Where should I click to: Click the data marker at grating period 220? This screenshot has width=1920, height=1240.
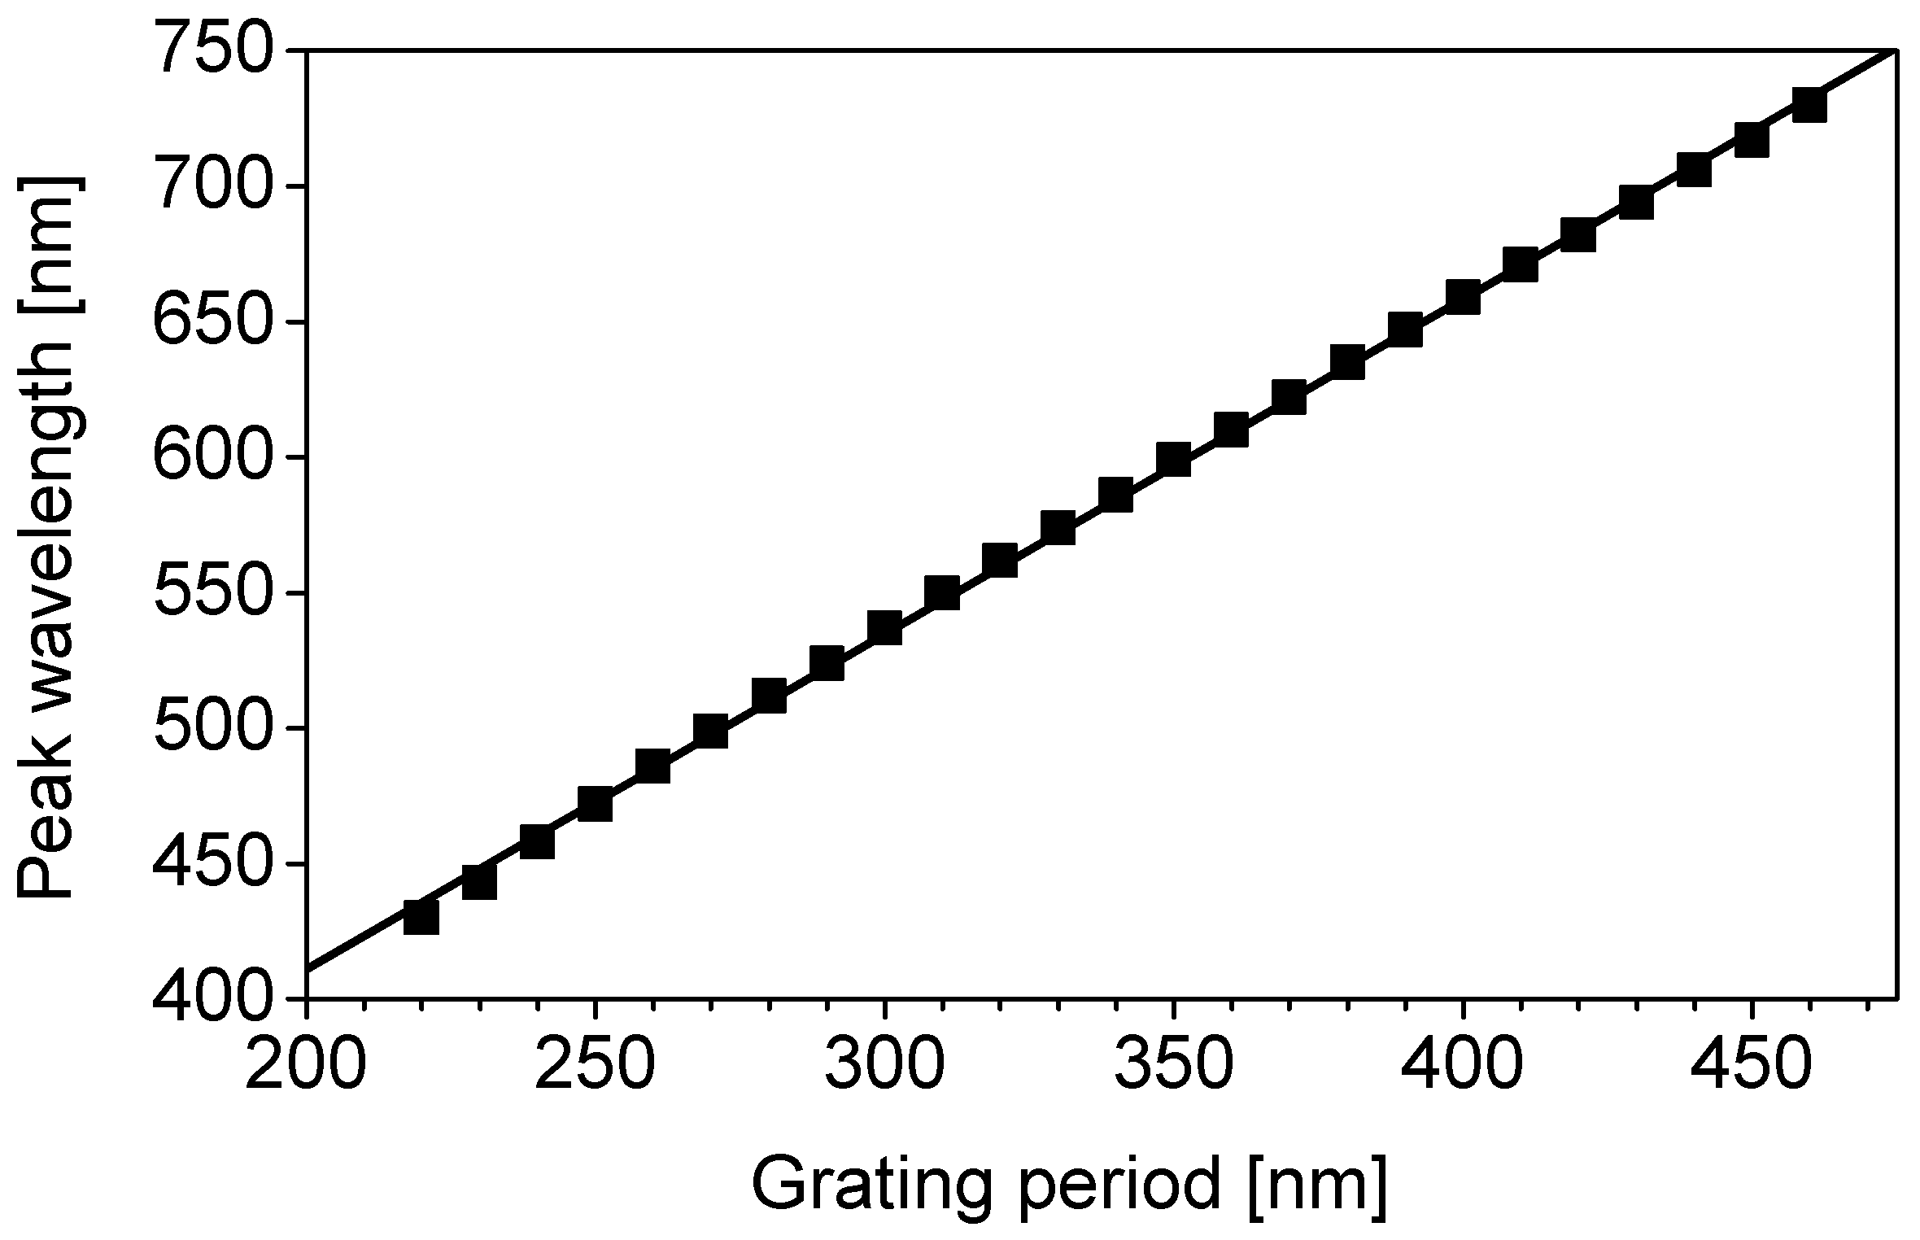tap(421, 917)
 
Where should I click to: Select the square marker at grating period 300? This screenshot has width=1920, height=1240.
tap(884, 628)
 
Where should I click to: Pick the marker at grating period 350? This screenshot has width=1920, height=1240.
tap(1173, 460)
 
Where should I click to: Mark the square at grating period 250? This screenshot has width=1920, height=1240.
tap(595, 804)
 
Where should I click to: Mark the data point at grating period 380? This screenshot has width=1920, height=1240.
tap(1347, 362)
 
